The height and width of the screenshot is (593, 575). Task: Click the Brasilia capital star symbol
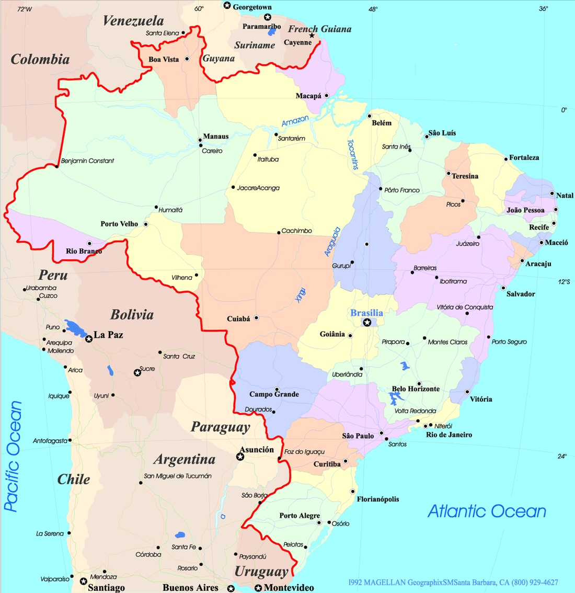(x=367, y=323)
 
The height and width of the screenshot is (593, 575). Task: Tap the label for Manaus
(x=215, y=136)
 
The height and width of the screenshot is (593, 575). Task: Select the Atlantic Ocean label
(x=487, y=511)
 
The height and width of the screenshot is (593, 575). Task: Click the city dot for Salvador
(x=503, y=288)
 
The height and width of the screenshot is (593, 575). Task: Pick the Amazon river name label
(x=295, y=121)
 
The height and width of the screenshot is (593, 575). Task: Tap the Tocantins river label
(x=353, y=154)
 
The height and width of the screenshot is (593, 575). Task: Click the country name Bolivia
(x=132, y=314)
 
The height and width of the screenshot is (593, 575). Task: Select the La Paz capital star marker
(x=89, y=339)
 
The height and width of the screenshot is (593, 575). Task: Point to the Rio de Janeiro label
(x=448, y=435)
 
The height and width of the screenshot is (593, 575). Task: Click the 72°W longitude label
(x=24, y=9)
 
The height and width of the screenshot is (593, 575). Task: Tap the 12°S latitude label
(x=563, y=282)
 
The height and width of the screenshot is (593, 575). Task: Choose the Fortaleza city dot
(x=506, y=158)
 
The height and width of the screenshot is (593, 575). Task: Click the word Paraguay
(x=220, y=427)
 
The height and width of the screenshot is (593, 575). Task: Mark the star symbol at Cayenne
(x=312, y=36)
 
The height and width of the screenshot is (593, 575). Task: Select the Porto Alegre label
(x=299, y=516)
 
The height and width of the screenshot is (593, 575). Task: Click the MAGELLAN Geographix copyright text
(x=453, y=582)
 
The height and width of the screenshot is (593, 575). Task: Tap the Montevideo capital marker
(x=258, y=588)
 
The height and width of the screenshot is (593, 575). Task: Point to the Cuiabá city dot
(x=256, y=318)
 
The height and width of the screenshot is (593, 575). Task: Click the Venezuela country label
(x=133, y=21)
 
